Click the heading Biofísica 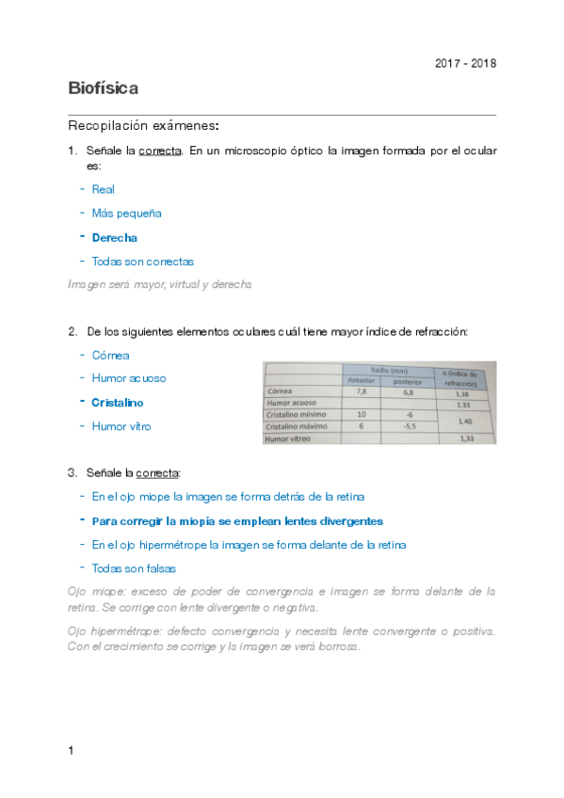pyautogui.click(x=104, y=88)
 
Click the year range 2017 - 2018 pyautogui.click(x=465, y=63)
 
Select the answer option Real pyautogui.click(x=104, y=189)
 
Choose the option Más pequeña pyautogui.click(x=127, y=214)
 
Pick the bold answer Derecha pyautogui.click(x=115, y=238)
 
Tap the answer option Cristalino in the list pyautogui.click(x=119, y=402)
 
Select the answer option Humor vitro pyautogui.click(x=121, y=426)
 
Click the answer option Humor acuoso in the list pyautogui.click(x=129, y=378)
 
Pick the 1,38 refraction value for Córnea pyautogui.click(x=462, y=395)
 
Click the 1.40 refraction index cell pyautogui.click(x=463, y=421)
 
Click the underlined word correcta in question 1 pyautogui.click(x=159, y=151)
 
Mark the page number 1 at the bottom pyautogui.click(x=72, y=750)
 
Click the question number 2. pyautogui.click(x=73, y=331)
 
